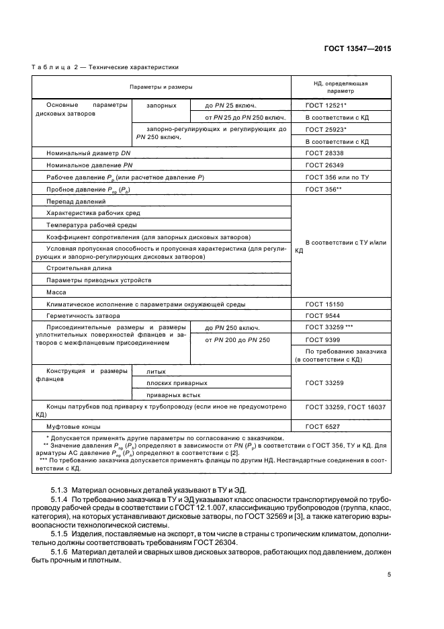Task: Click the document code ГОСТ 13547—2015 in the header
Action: click(x=359, y=49)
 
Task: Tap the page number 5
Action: click(x=389, y=575)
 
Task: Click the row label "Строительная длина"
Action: click(x=79, y=267)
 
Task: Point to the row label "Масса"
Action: click(x=56, y=292)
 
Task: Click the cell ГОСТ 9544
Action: click(x=321, y=315)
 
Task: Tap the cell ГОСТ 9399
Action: click(x=321, y=340)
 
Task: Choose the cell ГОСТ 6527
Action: click(x=321, y=427)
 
